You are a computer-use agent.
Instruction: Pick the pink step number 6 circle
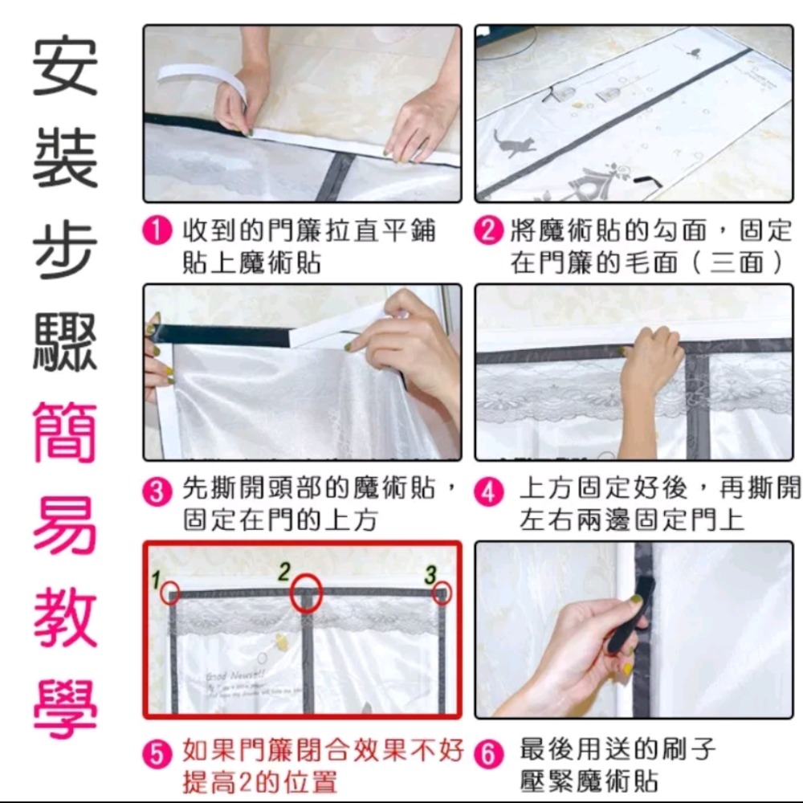pos(487,754)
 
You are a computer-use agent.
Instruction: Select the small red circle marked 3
pos(442,593)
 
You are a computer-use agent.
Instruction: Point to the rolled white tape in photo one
pos(193,79)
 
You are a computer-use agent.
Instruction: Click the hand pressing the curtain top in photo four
pos(650,361)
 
